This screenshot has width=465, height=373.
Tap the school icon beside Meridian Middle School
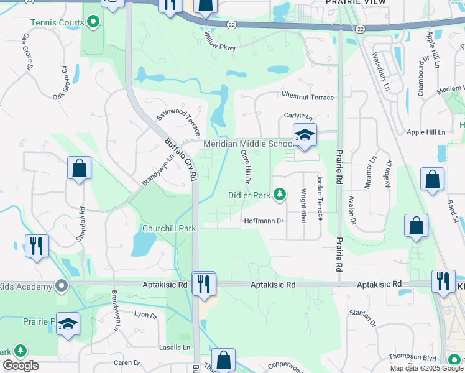[305, 136]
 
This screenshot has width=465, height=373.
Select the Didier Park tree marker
[280, 195]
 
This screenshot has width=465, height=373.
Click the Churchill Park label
[169, 228]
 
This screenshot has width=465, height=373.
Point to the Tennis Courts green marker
[93, 23]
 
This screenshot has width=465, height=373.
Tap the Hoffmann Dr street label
[264, 221]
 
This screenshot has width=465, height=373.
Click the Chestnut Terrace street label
[307, 97]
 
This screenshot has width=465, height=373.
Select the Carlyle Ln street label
[297, 116]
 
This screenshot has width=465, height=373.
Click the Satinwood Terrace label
[178, 120]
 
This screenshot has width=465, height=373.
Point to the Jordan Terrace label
[320, 196]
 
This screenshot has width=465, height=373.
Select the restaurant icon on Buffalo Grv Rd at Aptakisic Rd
[203, 285]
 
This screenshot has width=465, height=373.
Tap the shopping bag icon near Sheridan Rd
[79, 168]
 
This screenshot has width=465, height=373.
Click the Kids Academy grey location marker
[61, 286]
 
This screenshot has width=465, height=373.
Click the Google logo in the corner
[21, 366]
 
